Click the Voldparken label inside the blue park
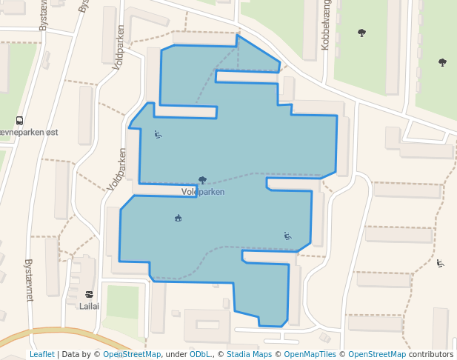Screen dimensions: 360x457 coord(202,192)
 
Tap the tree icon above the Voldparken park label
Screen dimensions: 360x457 coord(202,179)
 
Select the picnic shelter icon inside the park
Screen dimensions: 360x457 coord(178,217)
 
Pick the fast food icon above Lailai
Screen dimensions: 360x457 coord(89,293)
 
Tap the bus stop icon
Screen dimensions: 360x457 coord(19,121)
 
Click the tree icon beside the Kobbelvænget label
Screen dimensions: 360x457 coord(361,33)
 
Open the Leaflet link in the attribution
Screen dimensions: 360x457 coord(41,354)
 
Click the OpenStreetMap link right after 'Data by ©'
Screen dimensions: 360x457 coord(131,354)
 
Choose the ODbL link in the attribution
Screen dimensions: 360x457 coord(199,354)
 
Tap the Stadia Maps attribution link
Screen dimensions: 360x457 coord(249,354)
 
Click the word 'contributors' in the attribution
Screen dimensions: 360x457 coord(431,354)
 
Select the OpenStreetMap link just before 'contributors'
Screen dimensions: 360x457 coord(376,354)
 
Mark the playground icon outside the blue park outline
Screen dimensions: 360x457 coord(440,263)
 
